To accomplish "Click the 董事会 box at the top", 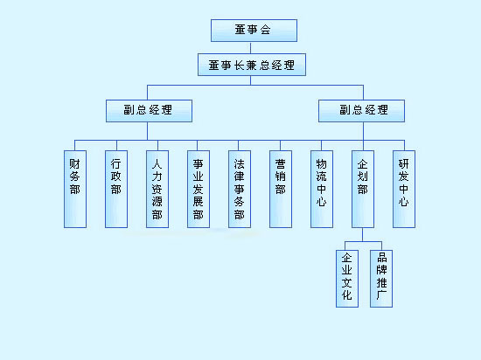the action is click(254, 31).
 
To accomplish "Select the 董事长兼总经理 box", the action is click(252, 65).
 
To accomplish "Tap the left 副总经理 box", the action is click(149, 111).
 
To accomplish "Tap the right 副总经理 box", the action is click(362, 111).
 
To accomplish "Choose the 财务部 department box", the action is click(75, 189).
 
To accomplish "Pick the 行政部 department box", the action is click(116, 189).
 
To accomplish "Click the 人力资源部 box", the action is click(157, 189).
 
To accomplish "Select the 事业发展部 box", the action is click(199, 189).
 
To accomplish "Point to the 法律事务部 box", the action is click(240, 189).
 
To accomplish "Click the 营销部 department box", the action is click(281, 189).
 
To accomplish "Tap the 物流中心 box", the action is click(322, 189).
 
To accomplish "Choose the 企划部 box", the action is click(363, 189).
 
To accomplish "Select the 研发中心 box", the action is click(404, 189).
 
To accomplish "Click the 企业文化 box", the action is click(347, 279).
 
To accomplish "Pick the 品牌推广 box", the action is click(381, 279).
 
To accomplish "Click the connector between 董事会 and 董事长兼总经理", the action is click(251, 48).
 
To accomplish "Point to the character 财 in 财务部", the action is click(75, 164).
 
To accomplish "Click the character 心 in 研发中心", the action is click(404, 202).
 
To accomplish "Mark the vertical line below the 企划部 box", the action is click(363, 235).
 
